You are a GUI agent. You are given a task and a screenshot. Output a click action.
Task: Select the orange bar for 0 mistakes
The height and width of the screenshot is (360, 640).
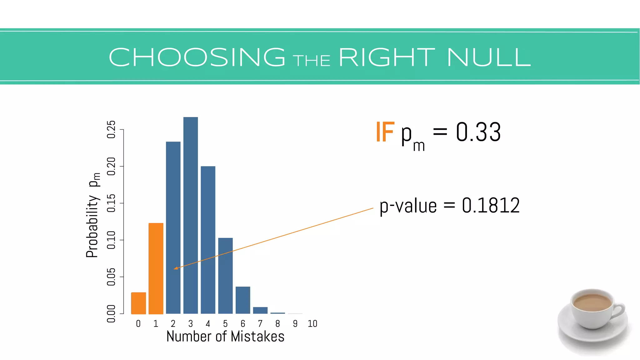coord(138,303)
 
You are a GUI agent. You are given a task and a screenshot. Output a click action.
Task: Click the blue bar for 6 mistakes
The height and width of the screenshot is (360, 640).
coord(243,300)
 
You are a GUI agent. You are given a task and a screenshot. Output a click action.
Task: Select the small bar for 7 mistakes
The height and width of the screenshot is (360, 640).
coord(260,310)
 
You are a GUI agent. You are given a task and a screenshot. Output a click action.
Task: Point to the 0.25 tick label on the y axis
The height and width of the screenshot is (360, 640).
coord(111,129)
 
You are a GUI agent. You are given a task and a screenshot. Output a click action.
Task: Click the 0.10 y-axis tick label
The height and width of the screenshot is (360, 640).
coord(111,240)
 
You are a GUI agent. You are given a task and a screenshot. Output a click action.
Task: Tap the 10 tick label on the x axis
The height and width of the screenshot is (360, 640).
coord(312,324)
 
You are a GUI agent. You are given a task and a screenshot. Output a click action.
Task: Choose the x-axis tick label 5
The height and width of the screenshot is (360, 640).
coord(225,324)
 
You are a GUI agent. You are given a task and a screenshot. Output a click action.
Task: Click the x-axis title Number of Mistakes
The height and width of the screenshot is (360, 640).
coord(225,337)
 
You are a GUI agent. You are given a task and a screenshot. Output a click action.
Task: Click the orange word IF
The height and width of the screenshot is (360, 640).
coord(385,132)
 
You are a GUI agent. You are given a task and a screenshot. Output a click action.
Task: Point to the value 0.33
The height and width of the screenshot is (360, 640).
coord(478,132)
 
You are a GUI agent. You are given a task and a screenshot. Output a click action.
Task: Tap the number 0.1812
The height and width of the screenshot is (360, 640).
coord(491,206)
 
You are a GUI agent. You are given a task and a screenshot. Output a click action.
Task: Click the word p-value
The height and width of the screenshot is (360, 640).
coord(408,206)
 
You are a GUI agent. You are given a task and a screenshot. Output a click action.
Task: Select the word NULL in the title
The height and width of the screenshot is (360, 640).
coord(489,57)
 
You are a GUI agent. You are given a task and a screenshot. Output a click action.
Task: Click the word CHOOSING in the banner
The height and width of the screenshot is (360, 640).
coord(197,57)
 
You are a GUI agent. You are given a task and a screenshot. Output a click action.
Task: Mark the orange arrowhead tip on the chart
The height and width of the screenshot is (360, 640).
coord(174,268)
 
